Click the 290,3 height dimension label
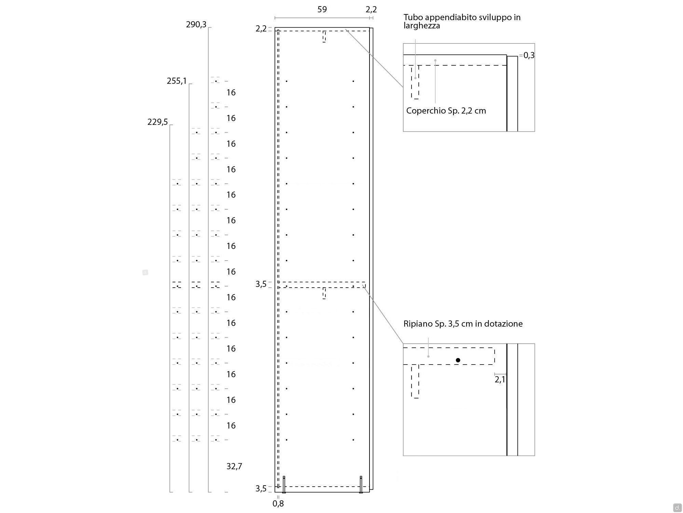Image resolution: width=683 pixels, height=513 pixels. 196,25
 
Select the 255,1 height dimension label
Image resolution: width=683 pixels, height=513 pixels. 177,81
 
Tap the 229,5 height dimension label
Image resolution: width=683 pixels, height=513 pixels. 157,122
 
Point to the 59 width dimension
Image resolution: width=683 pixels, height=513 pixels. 322,10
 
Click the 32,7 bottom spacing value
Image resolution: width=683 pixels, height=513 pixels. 234,466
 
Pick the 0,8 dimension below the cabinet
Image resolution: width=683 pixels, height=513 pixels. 278,503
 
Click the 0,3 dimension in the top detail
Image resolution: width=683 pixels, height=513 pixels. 529,55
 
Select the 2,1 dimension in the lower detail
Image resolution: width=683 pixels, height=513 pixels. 500,379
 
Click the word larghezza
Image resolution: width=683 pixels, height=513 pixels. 422,26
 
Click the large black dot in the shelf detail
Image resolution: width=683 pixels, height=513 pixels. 458,360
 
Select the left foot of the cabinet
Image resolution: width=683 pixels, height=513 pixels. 284,484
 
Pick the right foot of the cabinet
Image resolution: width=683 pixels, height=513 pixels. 361,484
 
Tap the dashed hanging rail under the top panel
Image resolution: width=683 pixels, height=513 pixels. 324,37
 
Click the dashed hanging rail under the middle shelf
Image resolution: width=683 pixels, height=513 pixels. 324,293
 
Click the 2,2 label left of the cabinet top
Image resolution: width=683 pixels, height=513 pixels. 261,29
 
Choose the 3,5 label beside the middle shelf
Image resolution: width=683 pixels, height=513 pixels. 261,284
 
